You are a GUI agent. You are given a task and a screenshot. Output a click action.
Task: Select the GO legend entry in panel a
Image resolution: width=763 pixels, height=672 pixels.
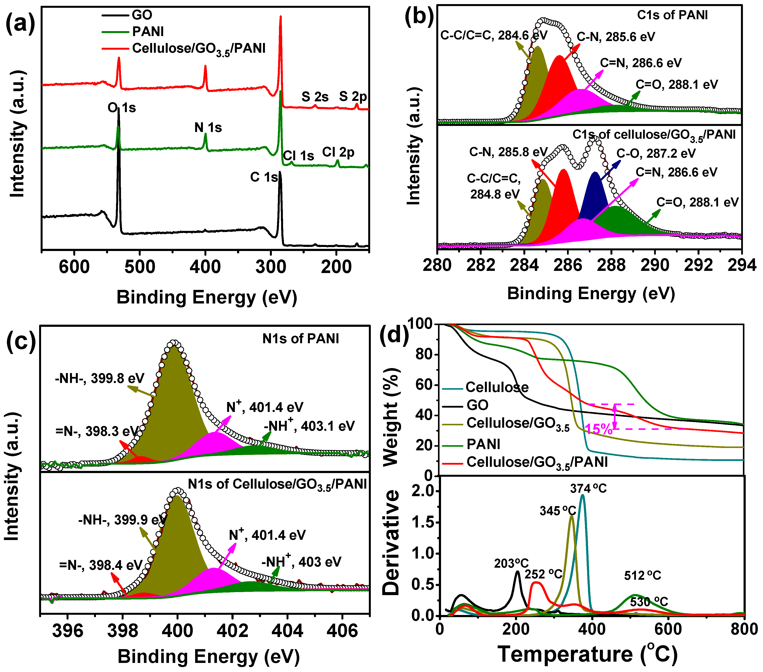[x=142, y=15]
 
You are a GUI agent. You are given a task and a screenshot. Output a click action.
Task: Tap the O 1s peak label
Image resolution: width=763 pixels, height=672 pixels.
[x=122, y=108]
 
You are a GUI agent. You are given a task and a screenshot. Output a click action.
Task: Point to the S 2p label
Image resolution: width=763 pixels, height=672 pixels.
[x=353, y=97]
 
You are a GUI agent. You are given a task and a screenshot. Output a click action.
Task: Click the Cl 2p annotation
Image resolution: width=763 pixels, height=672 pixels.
[x=338, y=152]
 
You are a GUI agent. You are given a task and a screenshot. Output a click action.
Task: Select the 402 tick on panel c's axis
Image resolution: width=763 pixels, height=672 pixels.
[x=233, y=630]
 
